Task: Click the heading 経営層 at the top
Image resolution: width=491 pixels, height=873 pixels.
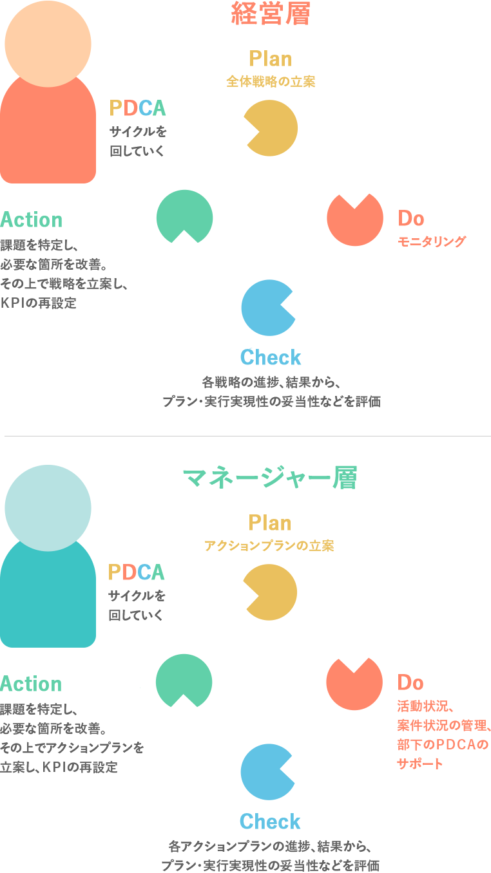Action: [271, 14]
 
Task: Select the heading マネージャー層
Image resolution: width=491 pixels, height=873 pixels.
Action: [271, 478]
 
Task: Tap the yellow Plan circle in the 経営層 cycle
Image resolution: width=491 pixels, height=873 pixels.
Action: [271, 128]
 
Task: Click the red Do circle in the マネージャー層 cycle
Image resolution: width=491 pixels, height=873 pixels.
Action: [354, 682]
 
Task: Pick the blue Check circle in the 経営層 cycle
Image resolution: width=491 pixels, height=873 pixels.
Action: [269, 307]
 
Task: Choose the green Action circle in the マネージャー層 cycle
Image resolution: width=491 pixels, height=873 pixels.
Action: [184, 682]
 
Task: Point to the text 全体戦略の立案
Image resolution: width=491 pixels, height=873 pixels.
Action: [271, 82]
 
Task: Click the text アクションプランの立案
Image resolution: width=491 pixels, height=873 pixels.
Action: [269, 546]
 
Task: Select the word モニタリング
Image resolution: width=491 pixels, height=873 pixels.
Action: [431, 242]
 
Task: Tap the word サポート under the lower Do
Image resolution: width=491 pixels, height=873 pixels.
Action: [420, 764]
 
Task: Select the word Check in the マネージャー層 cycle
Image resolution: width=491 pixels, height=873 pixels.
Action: [271, 821]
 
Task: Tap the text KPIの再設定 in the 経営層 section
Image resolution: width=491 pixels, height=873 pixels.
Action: [39, 303]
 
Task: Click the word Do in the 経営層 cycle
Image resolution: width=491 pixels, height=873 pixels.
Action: [410, 219]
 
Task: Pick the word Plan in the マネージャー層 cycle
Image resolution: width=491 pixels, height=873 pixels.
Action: [270, 523]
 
